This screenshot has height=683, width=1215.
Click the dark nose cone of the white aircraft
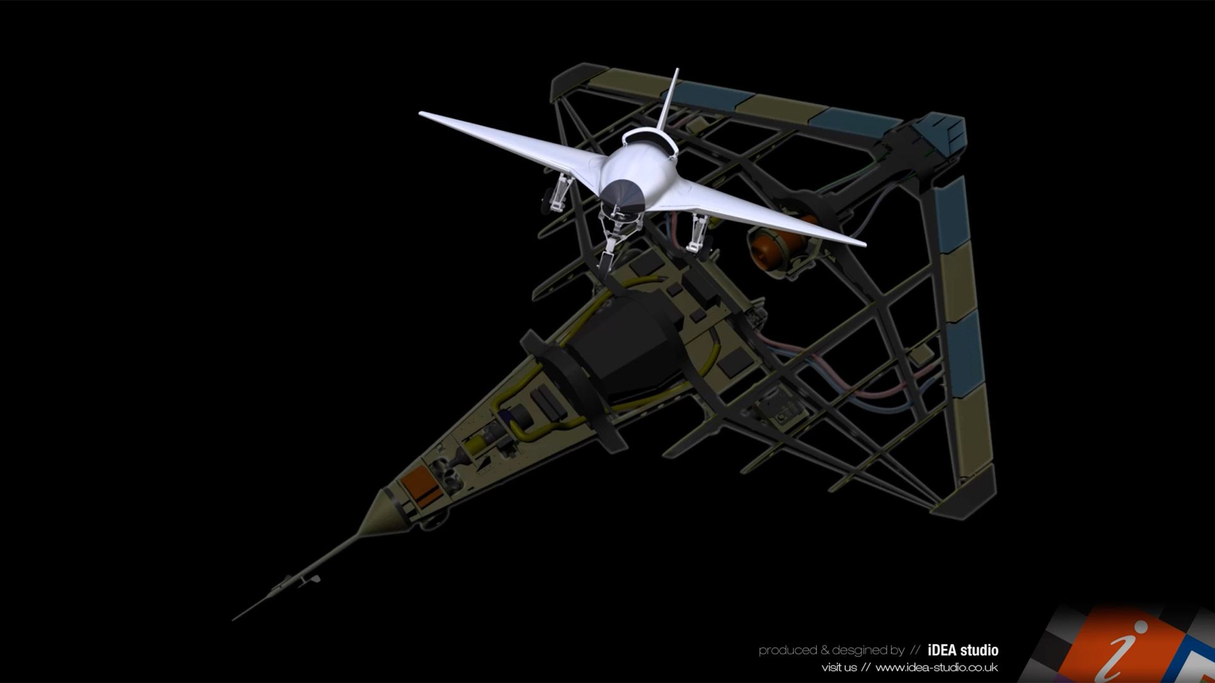[623, 197]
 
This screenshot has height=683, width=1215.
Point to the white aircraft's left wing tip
[421, 114]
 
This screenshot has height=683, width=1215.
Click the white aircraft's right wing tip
[863, 243]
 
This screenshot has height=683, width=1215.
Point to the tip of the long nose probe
[234, 618]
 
